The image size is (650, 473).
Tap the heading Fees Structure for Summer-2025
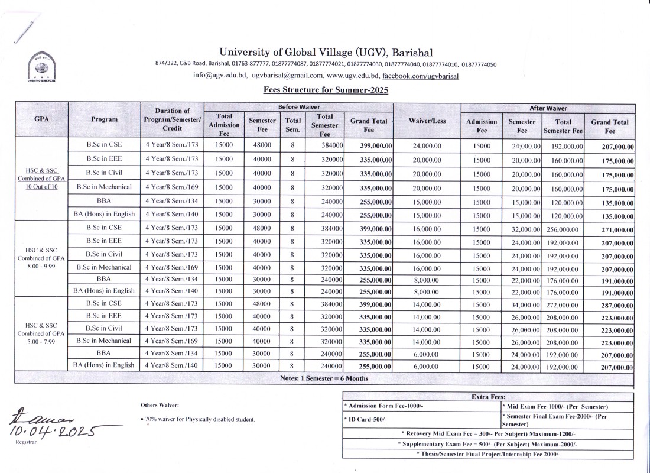pyautogui.click(x=326, y=90)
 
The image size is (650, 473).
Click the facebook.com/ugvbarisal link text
pyautogui.click(x=421, y=76)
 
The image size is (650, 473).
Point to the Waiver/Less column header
pyautogui.click(x=427, y=121)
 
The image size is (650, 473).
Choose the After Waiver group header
pyautogui.click(x=548, y=108)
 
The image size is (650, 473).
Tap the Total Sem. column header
pyautogui.click(x=292, y=125)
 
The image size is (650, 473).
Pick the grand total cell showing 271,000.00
pyautogui.click(x=610, y=230)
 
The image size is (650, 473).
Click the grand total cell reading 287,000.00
pyautogui.click(x=610, y=305)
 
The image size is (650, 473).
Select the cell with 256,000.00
pyautogui.click(x=564, y=229)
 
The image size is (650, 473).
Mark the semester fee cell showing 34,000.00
pyautogui.click(x=522, y=304)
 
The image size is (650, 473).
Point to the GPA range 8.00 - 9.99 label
pyautogui.click(x=41, y=258)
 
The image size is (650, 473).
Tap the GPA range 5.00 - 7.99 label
pyautogui.click(x=41, y=333)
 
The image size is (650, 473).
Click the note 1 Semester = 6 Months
pyautogui.click(x=324, y=378)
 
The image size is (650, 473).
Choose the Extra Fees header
pyautogui.click(x=488, y=397)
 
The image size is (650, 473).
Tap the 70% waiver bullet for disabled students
pyautogui.click(x=199, y=419)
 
